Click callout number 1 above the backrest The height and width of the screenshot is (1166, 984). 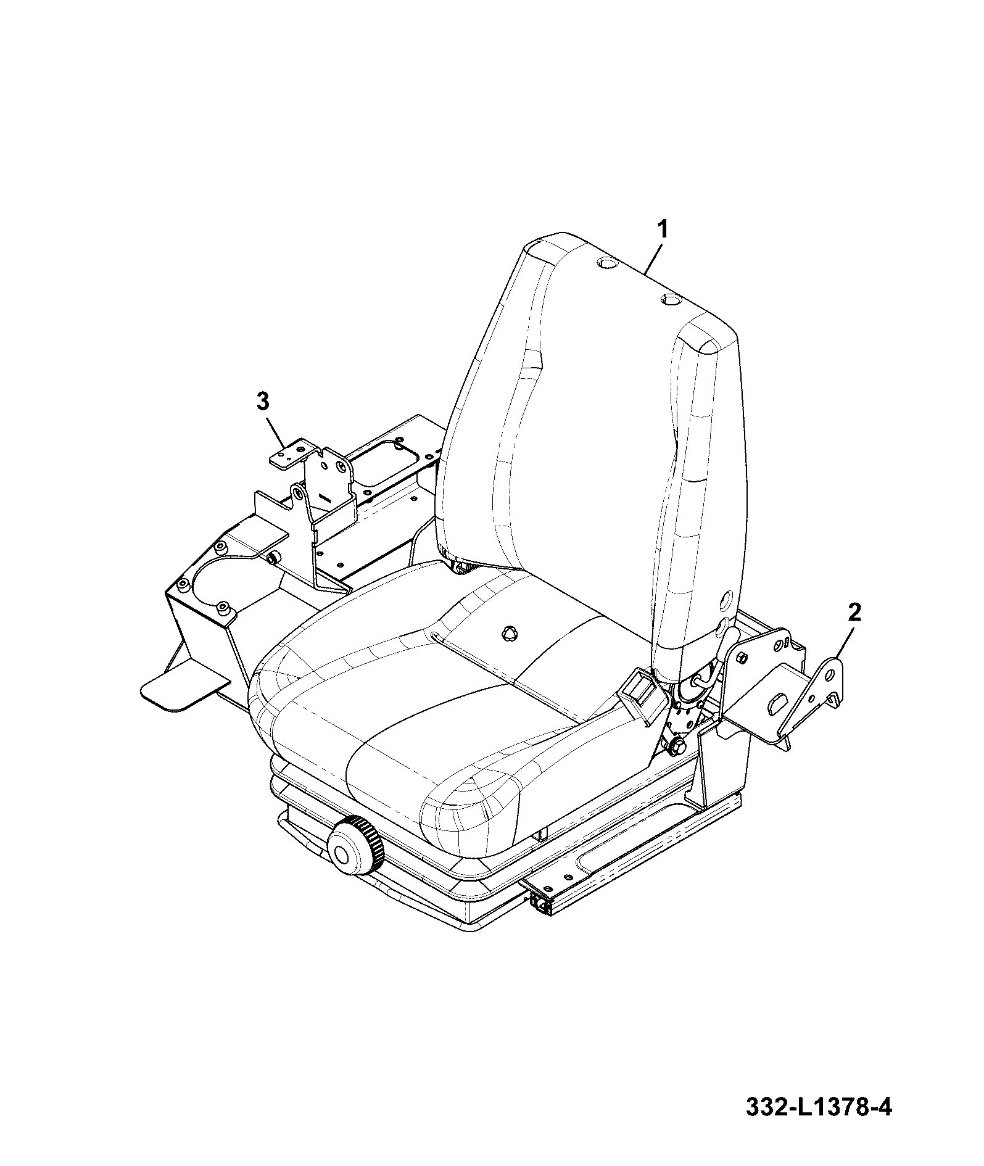pos(661,230)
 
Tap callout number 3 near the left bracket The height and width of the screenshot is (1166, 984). pos(263,402)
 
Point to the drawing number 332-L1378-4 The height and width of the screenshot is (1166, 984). pos(819,1125)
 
